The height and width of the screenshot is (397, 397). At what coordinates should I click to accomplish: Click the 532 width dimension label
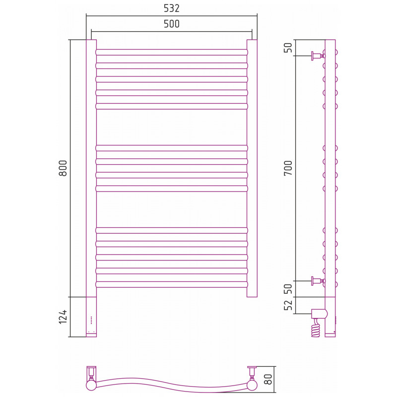click(171, 8)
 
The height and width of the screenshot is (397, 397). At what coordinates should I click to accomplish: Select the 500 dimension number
click(171, 24)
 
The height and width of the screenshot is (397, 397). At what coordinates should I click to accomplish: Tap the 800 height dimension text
click(63, 168)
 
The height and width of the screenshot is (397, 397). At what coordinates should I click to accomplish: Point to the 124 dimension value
click(63, 317)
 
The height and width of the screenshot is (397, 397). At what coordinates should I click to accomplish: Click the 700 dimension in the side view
click(288, 168)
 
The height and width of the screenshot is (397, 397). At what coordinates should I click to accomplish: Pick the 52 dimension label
click(288, 305)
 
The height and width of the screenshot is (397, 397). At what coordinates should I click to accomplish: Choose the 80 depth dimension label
click(268, 379)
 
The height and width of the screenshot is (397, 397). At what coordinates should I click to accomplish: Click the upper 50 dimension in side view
click(288, 48)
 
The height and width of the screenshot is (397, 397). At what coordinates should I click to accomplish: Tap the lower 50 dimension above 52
click(288, 289)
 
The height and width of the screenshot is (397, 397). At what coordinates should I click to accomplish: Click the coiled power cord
click(316, 328)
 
